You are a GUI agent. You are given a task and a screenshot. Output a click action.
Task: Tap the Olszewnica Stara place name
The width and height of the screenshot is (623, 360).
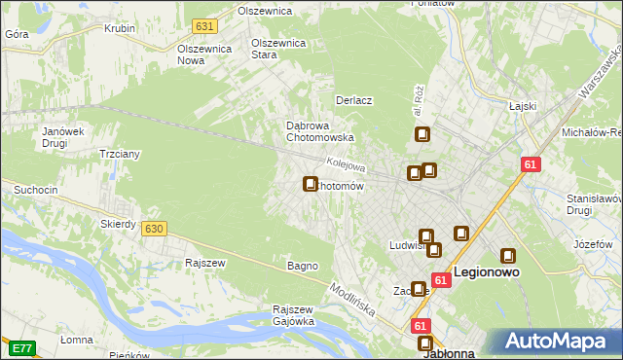point(278,49)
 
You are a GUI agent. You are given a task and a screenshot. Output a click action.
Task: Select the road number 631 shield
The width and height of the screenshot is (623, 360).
point(203,25)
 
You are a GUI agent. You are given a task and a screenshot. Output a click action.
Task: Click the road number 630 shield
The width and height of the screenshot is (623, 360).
point(153,228)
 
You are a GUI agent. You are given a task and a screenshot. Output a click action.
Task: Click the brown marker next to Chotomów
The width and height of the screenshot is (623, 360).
point(311,183)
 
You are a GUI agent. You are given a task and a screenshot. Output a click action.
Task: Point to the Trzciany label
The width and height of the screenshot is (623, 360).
point(121,154)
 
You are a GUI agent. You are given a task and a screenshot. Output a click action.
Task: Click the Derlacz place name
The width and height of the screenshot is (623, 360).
point(354,100)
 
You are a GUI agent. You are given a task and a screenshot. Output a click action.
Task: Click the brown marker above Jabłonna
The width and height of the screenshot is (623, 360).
point(425,342)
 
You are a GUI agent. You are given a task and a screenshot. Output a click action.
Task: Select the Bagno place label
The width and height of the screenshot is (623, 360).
point(302,266)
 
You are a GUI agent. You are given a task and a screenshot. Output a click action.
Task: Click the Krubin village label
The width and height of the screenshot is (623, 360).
point(119,28)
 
